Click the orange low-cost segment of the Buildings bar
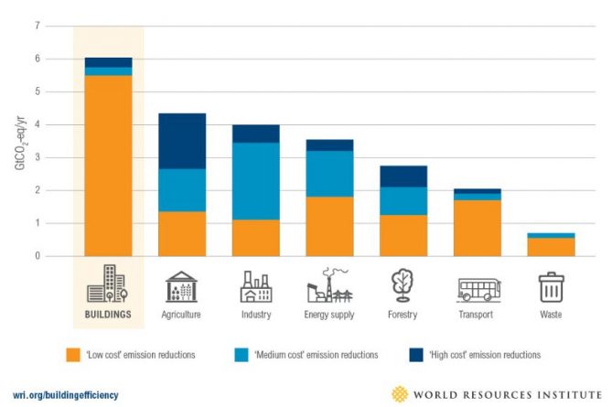point(108,165)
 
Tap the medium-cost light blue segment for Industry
point(255,181)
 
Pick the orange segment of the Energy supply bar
point(329,226)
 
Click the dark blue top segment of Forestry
point(403,176)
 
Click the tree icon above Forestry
point(403,285)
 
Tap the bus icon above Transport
point(478,287)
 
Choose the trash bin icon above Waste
point(552,286)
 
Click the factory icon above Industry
point(255,286)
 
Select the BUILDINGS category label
point(108,314)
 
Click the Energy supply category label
point(329,314)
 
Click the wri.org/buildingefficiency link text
point(65,394)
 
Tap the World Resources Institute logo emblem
point(400,393)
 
